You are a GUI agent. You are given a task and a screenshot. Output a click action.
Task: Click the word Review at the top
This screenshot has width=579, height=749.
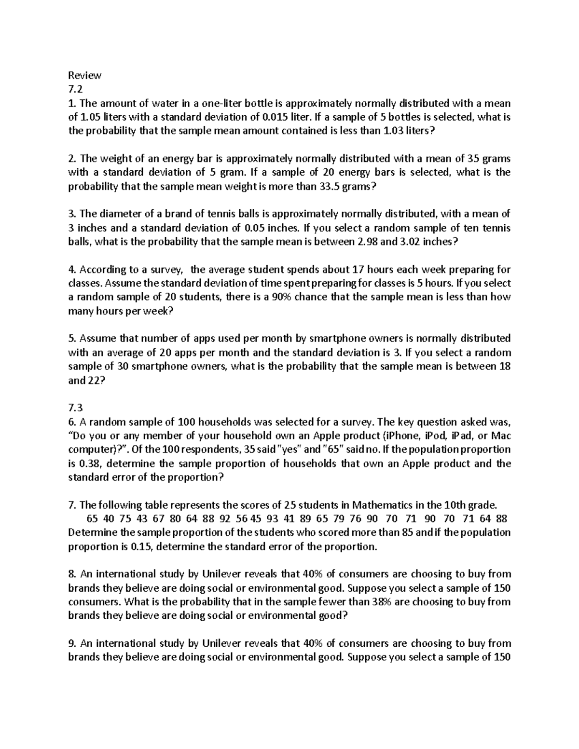[x=85, y=75]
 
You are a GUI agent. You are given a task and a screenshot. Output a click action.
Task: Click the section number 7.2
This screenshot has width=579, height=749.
[x=75, y=89]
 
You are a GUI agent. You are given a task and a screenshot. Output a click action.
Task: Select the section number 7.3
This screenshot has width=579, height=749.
[x=75, y=408]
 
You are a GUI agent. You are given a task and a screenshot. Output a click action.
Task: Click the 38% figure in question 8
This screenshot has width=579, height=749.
[x=382, y=602]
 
